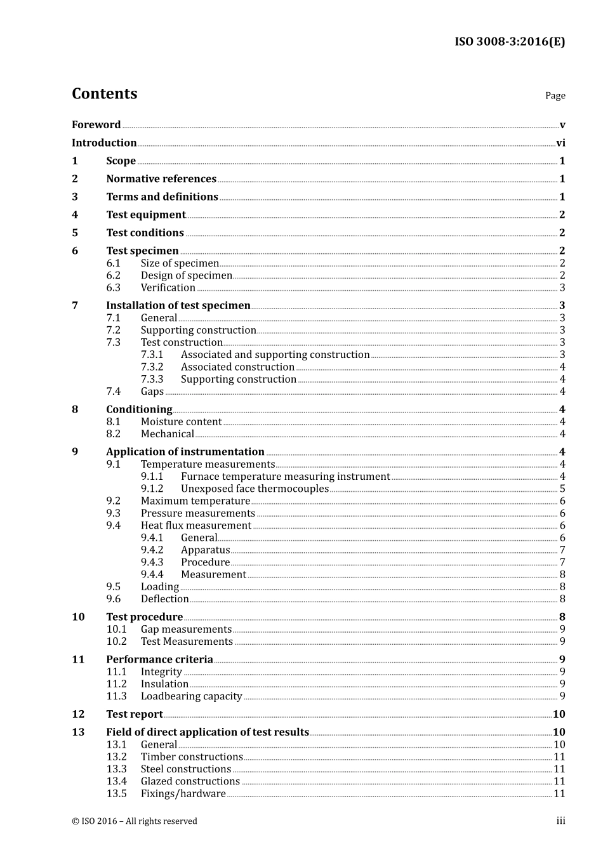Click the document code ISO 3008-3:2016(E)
pos(509,42)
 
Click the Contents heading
pos(104,94)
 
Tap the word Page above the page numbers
pos(555,96)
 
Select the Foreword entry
pos(96,125)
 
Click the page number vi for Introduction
pos(560,143)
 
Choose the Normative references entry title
pos(161,179)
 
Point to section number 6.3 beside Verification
pos(113,288)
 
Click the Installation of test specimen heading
pos(178,306)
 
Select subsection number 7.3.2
pos(152,367)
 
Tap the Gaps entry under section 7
pos(152,392)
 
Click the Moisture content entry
pos(181,422)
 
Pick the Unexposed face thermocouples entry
pos(255,489)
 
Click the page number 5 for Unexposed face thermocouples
pos(562,489)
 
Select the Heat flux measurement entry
pos(196,526)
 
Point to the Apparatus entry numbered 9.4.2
pos(205,550)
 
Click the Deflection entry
pos(164,599)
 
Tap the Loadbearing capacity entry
pos(191,696)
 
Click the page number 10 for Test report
pos(559,715)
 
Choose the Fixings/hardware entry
pos(183,794)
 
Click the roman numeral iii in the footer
pos(560,821)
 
